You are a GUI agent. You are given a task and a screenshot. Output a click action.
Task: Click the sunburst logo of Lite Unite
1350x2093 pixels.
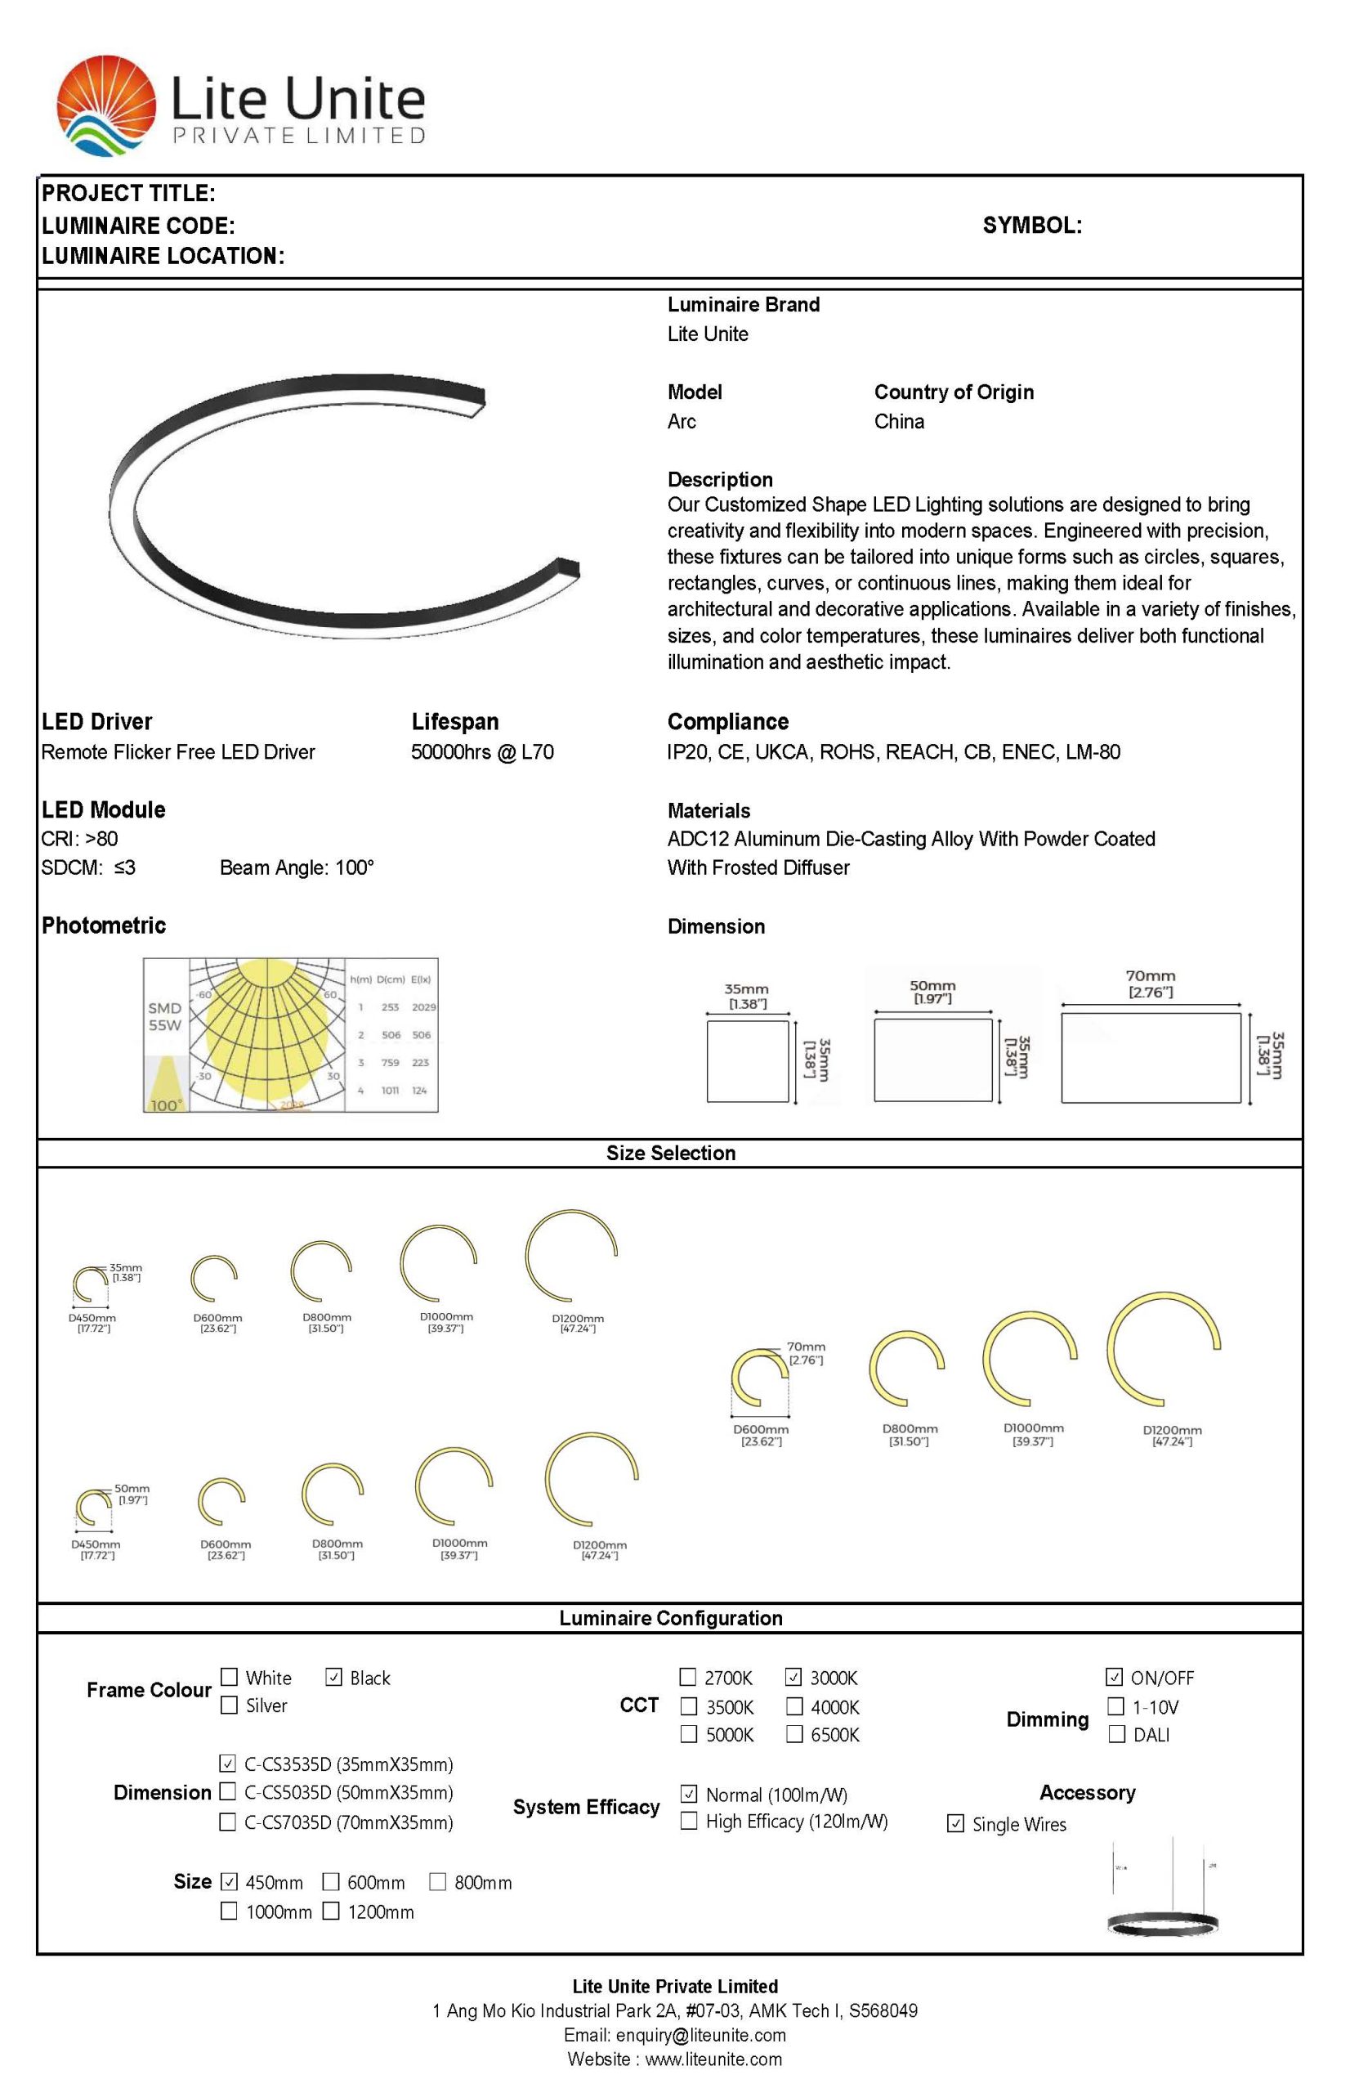[x=105, y=105]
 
